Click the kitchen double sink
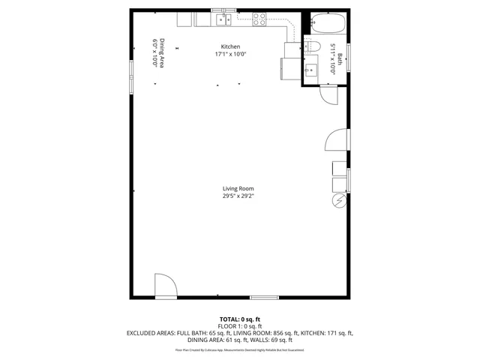pyautogui.click(x=222, y=20)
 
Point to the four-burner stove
pyautogui.click(x=260, y=20)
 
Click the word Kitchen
pyautogui.click(x=230, y=46)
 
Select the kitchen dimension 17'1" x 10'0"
pyautogui.click(x=230, y=54)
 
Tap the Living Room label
pyautogui.click(x=238, y=188)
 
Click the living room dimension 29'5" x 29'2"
pyautogui.click(x=238, y=196)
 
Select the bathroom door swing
pyautogui.click(x=328, y=95)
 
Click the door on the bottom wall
pyautogui.click(x=166, y=286)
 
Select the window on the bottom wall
pyautogui.click(x=264, y=298)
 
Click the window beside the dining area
pyautogui.click(x=130, y=69)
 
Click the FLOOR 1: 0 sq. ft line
pyautogui.click(x=240, y=326)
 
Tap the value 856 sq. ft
pyautogui.click(x=286, y=332)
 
